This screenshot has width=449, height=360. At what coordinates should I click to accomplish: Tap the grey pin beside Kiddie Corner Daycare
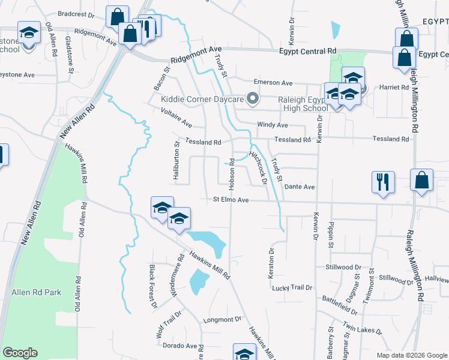pyautogui.click(x=253, y=98)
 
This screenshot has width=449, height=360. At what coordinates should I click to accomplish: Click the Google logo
pyautogui.click(x=20, y=353)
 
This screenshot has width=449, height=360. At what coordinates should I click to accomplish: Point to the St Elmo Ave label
pyautogui.click(x=231, y=199)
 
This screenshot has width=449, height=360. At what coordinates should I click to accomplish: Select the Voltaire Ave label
pyautogui.click(x=176, y=117)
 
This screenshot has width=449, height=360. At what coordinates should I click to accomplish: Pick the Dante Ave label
pyautogui.click(x=300, y=187)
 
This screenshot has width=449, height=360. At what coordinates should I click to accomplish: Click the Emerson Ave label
pyautogui.click(x=273, y=82)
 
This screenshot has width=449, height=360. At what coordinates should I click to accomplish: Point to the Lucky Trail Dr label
pyautogui.click(x=292, y=288)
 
